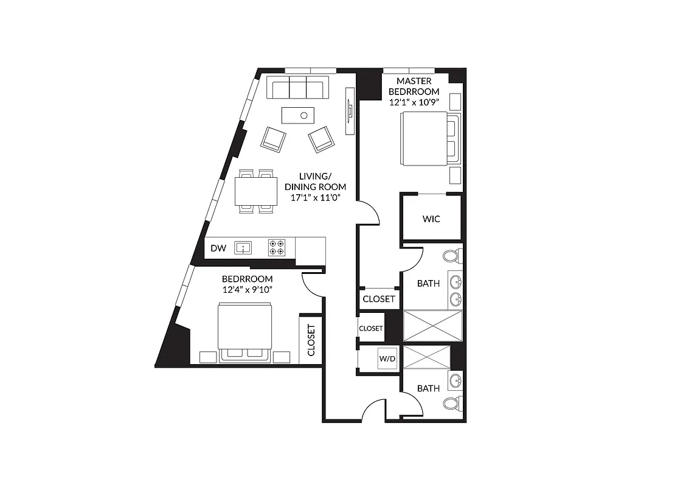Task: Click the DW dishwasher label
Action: tap(218, 248)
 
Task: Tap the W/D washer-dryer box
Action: tap(387, 359)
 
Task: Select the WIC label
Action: tap(431, 219)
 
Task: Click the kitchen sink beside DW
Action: tap(244, 248)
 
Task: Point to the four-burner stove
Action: tap(276, 248)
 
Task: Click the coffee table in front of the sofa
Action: tap(298, 114)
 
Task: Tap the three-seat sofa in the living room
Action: tap(297, 88)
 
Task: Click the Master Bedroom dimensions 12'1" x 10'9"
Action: tap(414, 102)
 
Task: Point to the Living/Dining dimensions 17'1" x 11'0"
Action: tap(315, 197)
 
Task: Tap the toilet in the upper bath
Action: tap(452, 255)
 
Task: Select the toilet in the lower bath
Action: tap(451, 404)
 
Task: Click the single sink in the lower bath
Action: tap(455, 382)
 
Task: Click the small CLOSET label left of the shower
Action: tap(371, 328)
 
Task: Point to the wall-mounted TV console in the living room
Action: tap(350, 110)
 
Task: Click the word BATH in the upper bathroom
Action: tap(428, 283)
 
